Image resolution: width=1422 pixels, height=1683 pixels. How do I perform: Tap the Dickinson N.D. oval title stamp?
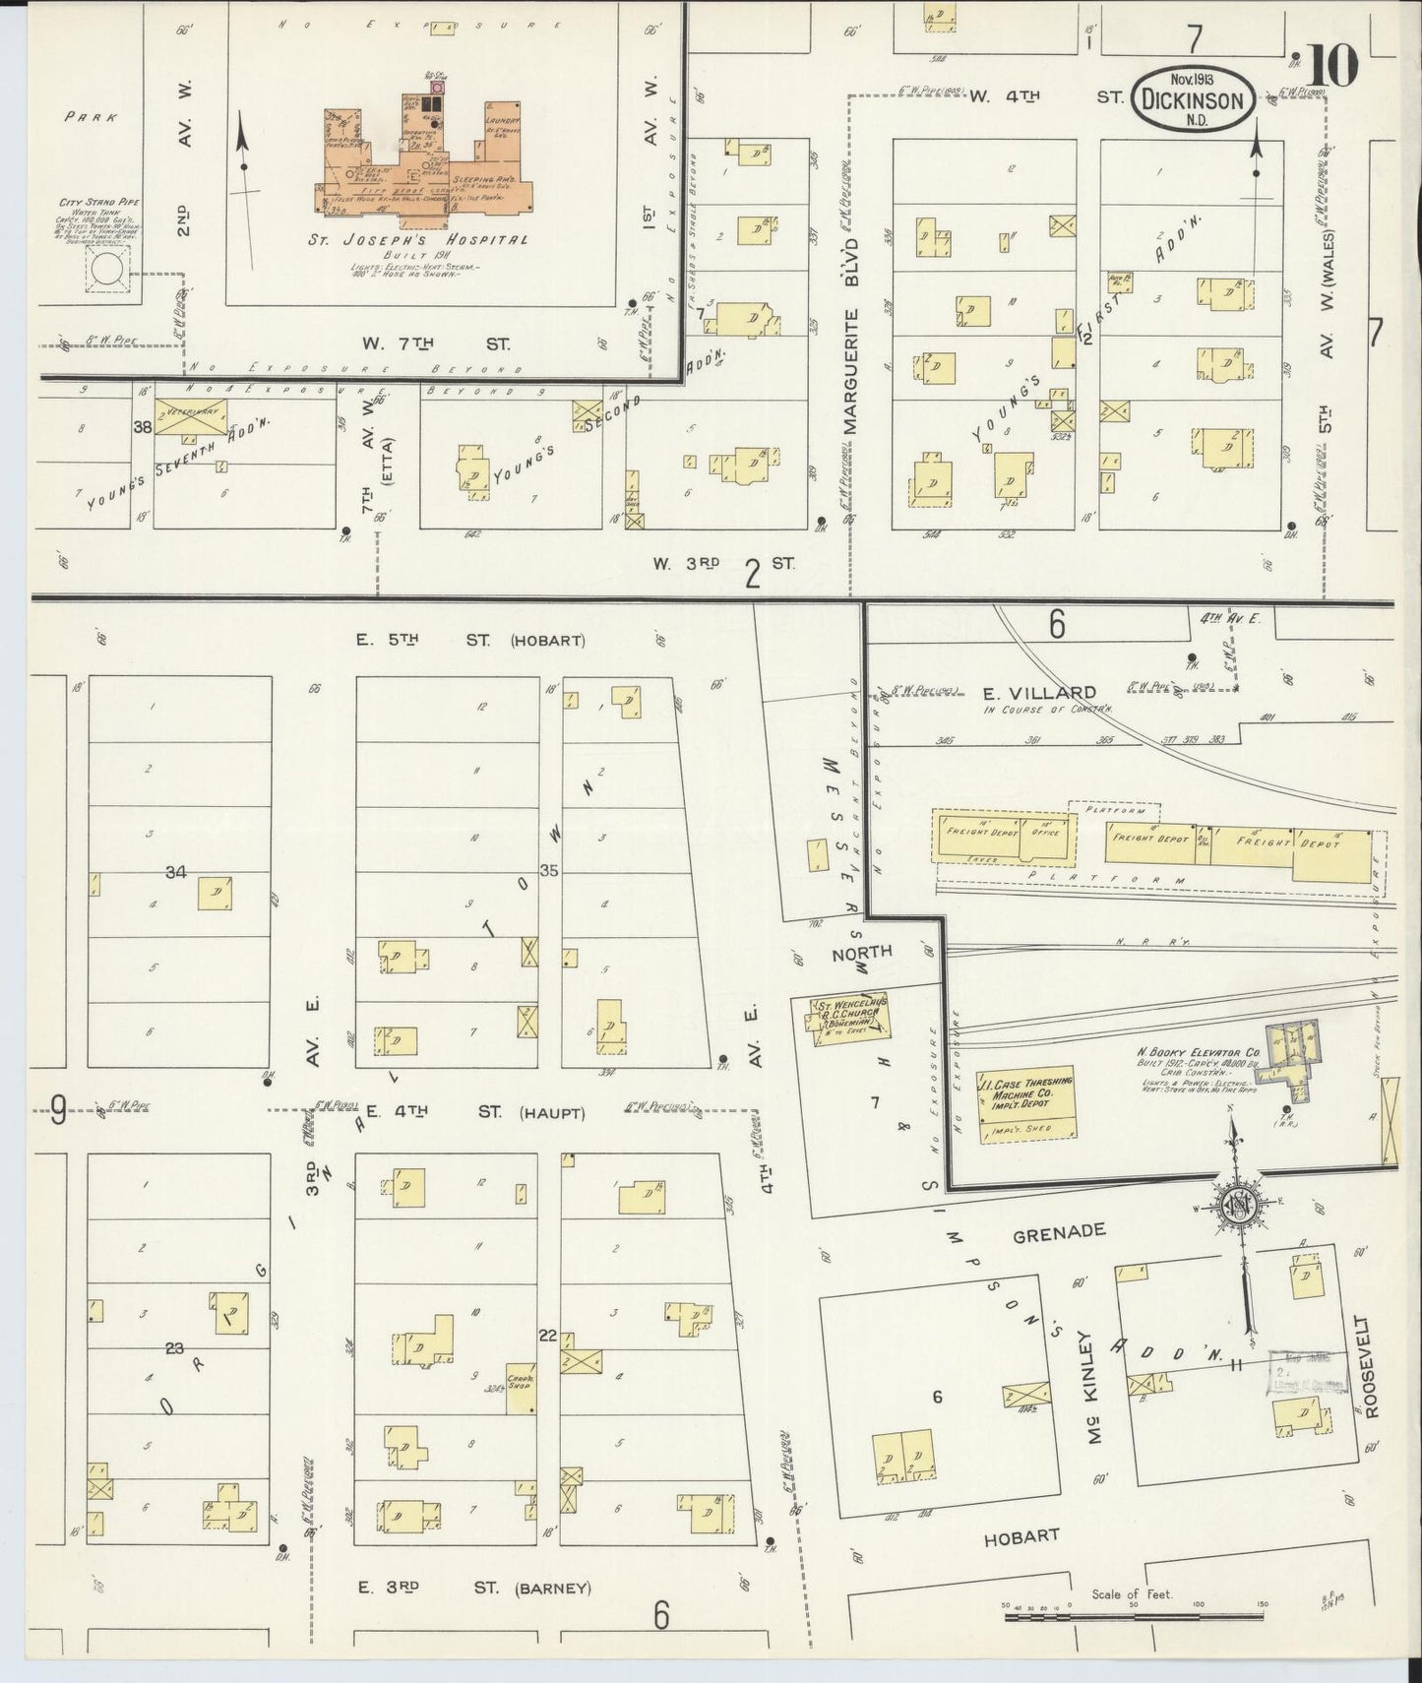[1194, 100]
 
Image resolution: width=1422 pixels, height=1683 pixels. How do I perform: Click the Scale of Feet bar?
[1132, 1615]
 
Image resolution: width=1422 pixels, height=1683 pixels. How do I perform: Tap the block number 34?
[176, 871]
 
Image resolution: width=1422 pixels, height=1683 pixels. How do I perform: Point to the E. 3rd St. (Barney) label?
[474, 1588]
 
